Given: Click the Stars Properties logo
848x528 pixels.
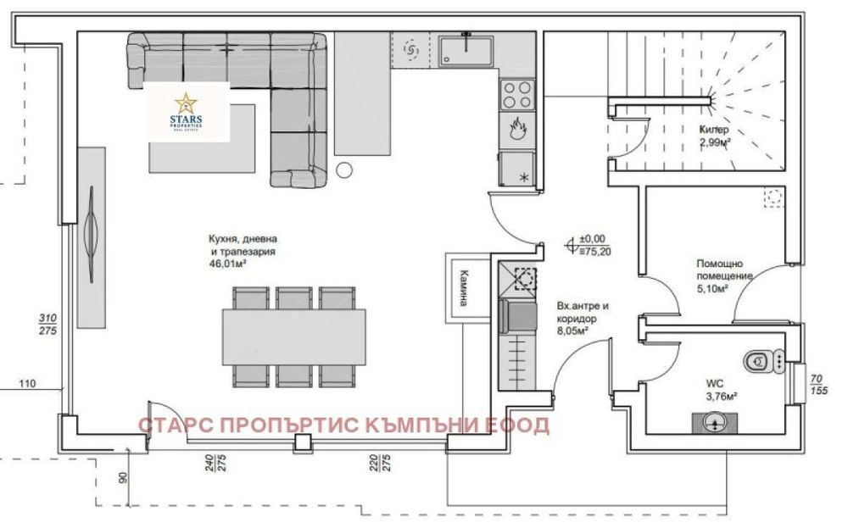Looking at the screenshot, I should point(187,112).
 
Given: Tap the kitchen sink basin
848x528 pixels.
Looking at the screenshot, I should point(466,50).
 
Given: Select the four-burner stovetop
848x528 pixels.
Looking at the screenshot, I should point(516,93).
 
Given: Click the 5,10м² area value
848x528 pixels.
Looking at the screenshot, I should point(711,288).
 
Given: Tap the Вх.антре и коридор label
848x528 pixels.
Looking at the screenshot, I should point(583,312).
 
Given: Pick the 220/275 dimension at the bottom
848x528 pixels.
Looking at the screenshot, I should point(380,462).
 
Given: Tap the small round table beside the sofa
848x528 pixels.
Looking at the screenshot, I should point(345,170).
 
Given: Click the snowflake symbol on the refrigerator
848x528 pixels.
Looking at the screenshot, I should point(522,176).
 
